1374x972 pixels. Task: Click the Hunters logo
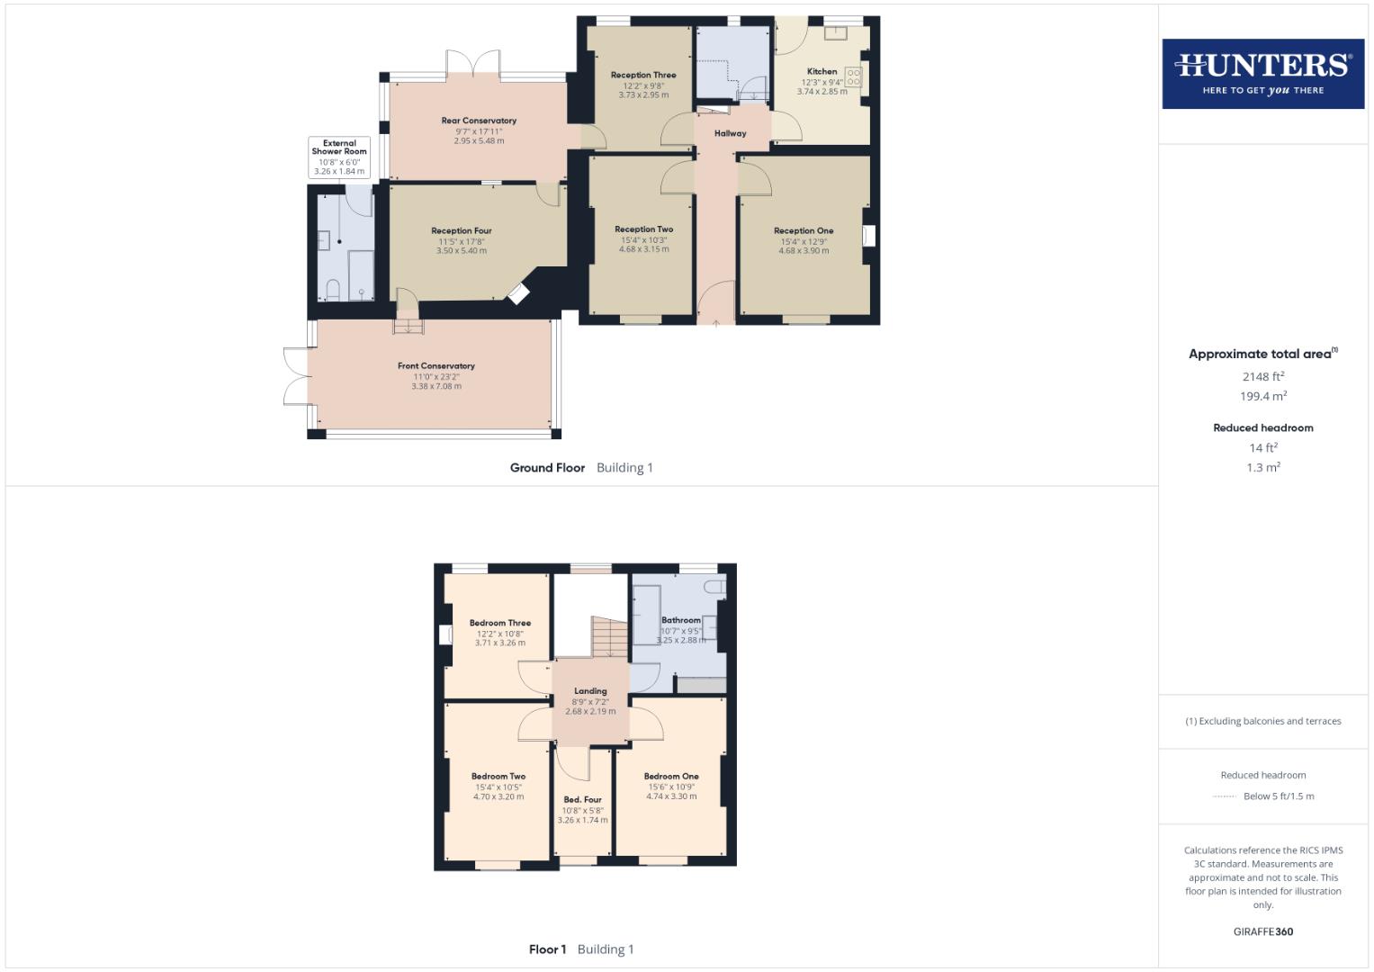click(x=1262, y=73)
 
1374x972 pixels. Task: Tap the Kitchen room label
click(x=822, y=71)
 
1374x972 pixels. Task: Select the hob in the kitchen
click(x=853, y=77)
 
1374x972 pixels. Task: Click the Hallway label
click(x=730, y=133)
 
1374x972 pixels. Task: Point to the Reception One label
click(x=804, y=230)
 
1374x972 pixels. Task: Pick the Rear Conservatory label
click(x=479, y=121)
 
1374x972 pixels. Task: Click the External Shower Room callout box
click(x=339, y=157)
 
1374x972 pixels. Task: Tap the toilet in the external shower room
click(x=332, y=289)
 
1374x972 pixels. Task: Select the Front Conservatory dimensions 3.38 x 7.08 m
click(x=436, y=386)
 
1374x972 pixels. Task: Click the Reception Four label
click(x=461, y=231)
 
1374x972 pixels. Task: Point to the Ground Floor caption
click(x=547, y=467)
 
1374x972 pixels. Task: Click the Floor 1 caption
click(x=547, y=949)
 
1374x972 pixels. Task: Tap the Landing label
click(x=590, y=691)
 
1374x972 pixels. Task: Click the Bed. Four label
click(x=582, y=799)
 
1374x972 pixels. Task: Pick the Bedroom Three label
click(x=499, y=623)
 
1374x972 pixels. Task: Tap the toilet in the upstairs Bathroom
click(x=714, y=587)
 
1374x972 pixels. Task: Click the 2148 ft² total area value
click(x=1262, y=376)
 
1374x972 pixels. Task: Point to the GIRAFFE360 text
click(x=1262, y=931)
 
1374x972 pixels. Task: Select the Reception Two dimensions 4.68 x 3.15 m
click(x=643, y=249)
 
